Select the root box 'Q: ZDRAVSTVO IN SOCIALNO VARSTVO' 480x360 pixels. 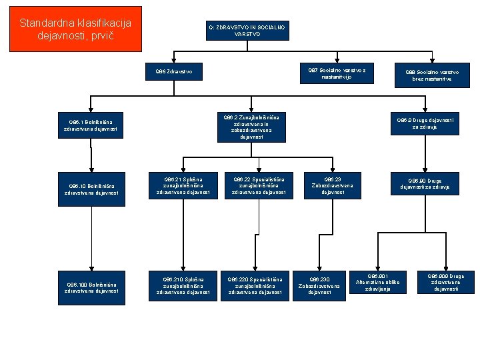247,30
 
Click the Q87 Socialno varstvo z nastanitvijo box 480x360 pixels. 337,73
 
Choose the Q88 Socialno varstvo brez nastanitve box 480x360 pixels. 432,75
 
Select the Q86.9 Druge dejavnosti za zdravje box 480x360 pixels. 425,123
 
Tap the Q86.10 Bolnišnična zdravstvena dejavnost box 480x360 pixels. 91,189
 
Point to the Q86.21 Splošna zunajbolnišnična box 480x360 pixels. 183,185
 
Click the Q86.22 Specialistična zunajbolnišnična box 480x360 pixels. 258,185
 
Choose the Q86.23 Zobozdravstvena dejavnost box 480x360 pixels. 332,185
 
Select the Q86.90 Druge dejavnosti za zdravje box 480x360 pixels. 425,184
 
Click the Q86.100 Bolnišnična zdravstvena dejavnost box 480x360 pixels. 91,287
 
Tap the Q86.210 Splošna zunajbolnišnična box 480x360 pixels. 183,285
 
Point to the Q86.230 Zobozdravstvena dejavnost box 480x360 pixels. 319,285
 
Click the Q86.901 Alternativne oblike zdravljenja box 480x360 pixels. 377,282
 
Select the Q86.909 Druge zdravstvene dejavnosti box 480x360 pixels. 446,282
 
